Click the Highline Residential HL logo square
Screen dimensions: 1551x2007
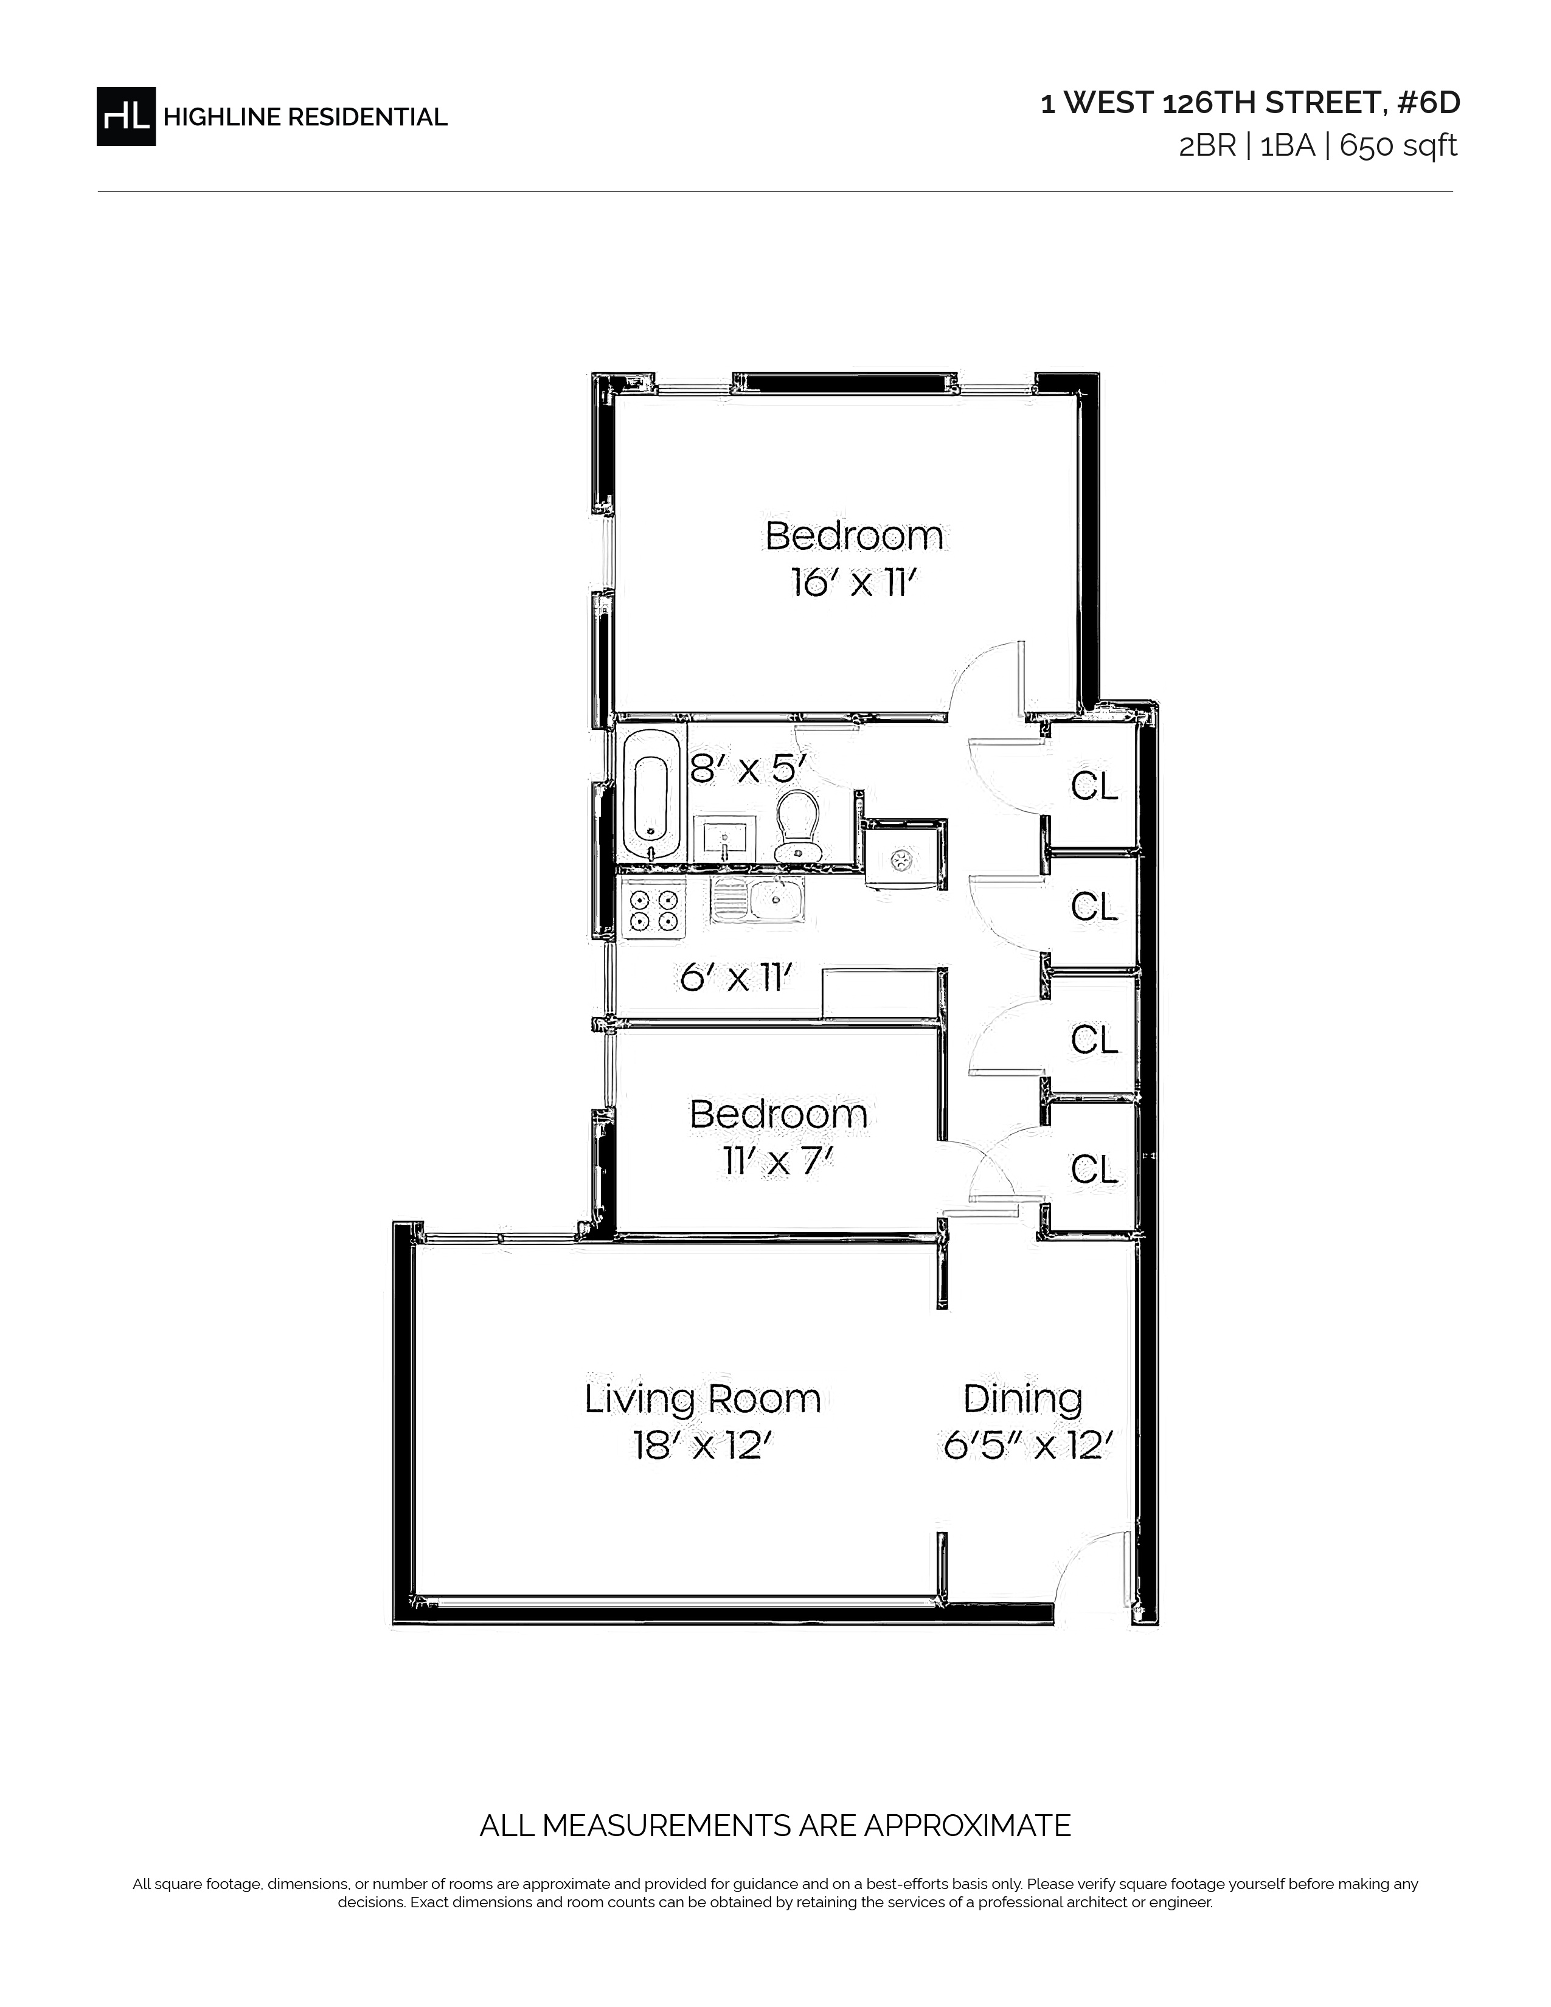coord(126,116)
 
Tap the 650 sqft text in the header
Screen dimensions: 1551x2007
coord(1398,146)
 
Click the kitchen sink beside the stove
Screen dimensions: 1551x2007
coord(758,899)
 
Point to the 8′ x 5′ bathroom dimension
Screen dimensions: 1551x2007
coord(748,768)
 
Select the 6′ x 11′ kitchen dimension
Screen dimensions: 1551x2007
coord(736,977)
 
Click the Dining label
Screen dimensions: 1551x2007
coord(1022,1399)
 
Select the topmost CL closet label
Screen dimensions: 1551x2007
coord(1094,786)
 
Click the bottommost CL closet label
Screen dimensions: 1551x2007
coord(1094,1169)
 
